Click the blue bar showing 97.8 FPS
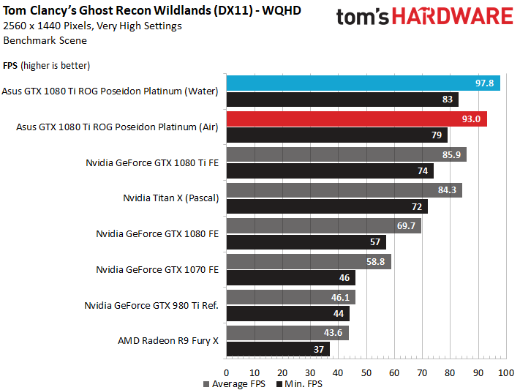coord(363,83)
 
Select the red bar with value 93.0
coord(356,119)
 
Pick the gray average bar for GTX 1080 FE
coord(323,226)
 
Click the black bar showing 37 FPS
coord(278,349)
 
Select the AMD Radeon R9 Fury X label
coord(168,340)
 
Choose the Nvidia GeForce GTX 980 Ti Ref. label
coord(151,305)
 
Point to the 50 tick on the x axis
coord(366,373)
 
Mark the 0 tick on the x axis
coord(227,373)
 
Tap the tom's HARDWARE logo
coord(424,18)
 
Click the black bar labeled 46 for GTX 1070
coord(290,277)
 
